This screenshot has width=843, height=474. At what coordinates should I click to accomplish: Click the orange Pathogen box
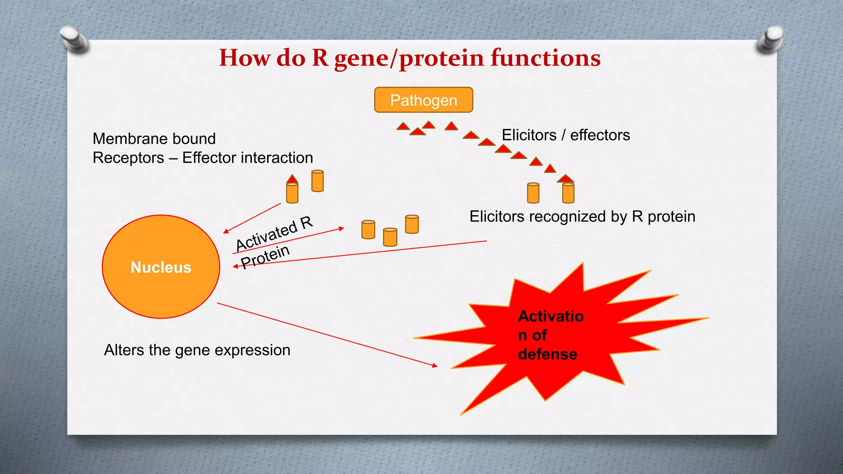click(x=423, y=100)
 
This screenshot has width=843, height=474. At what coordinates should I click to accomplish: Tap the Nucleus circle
click(x=161, y=267)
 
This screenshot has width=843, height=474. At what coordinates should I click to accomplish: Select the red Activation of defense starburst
click(x=552, y=337)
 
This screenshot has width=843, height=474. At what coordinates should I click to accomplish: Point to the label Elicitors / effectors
click(x=566, y=135)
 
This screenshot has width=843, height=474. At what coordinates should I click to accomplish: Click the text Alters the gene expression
click(x=197, y=350)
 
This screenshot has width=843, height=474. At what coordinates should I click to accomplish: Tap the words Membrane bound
click(x=154, y=139)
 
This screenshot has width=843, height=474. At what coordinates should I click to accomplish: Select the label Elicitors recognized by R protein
click(x=582, y=217)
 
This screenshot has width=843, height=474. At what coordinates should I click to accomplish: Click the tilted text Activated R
click(x=274, y=234)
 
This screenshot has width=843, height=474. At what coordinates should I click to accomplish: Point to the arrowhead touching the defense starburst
click(x=435, y=365)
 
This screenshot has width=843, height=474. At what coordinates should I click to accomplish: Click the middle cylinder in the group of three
click(x=390, y=237)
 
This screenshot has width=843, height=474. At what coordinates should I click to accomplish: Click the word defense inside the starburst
click(x=547, y=354)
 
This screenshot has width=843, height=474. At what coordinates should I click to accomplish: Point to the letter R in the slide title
click(x=320, y=58)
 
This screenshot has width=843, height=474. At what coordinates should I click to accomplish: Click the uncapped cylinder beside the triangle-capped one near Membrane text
click(x=317, y=181)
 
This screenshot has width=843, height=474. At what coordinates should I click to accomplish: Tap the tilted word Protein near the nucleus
click(x=265, y=257)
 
